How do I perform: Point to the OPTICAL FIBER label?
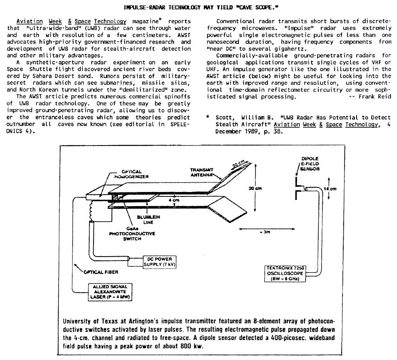pyautogui.click(x=101, y=272)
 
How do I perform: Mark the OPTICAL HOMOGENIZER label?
pyautogui.click(x=128, y=174)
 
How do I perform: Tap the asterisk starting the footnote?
pyautogui.click(x=208, y=117)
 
